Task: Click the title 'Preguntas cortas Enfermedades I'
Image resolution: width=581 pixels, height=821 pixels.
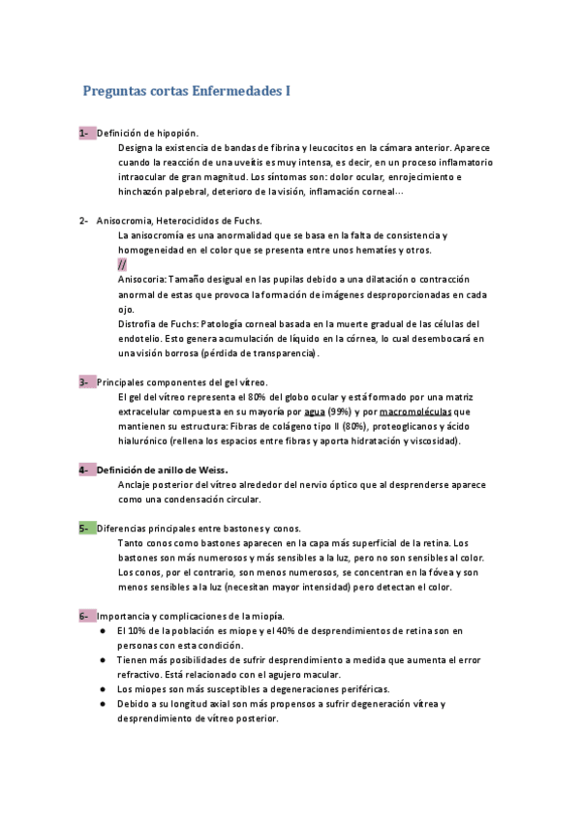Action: tap(187, 92)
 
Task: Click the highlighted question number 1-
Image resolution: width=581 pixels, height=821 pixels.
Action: tap(85, 133)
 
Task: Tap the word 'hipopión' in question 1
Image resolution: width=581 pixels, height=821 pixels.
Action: tap(178, 133)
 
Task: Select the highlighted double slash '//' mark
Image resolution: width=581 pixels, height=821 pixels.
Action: tap(121, 264)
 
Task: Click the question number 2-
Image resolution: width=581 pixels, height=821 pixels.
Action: tap(85, 221)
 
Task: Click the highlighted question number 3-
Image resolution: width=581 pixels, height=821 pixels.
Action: tap(85, 382)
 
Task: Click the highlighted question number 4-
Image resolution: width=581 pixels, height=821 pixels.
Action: tap(85, 470)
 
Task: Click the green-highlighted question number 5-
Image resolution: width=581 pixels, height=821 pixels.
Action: tap(85, 529)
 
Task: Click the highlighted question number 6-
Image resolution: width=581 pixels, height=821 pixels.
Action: tap(85, 617)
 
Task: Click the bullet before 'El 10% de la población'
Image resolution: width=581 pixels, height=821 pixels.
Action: tap(103, 631)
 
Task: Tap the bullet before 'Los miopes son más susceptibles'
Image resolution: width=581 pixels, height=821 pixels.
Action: tap(103, 689)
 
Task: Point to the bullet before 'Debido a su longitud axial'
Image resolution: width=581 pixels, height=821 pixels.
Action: tap(103, 704)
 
